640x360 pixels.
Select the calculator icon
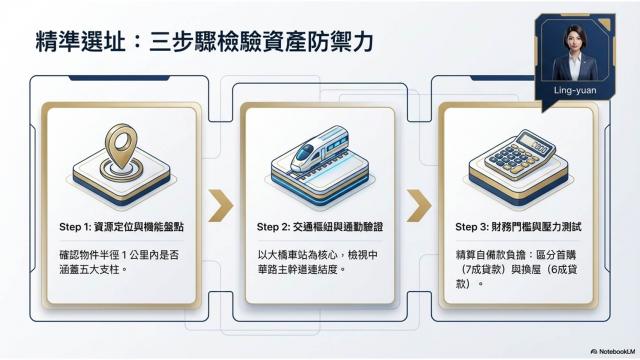[x=520, y=152]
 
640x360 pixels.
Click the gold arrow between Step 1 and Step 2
[x=220, y=205]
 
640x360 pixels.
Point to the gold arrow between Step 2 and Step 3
[x=419, y=205]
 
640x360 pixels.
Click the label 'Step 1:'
[x=75, y=227]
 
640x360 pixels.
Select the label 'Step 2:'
[x=273, y=227]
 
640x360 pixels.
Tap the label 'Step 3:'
[x=472, y=227]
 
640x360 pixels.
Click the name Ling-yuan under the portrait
[x=575, y=91]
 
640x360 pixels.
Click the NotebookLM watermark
[x=613, y=351]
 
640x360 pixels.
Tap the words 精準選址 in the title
[x=80, y=42]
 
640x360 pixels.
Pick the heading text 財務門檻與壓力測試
[x=536, y=227]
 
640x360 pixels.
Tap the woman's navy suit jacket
[x=574, y=67]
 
